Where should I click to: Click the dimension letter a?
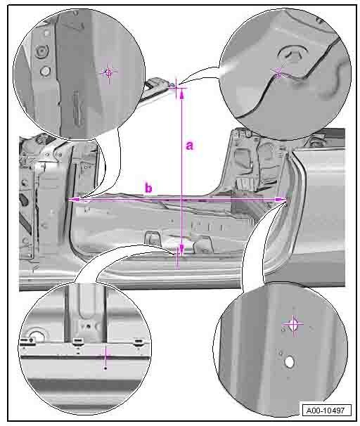pos(190,146)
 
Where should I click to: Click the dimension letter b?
pos(148,188)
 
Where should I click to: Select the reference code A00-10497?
pos(326,411)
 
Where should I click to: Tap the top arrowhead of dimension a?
pos(182,93)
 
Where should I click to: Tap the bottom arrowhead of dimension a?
pos(182,250)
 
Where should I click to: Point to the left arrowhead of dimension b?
pos(73,200)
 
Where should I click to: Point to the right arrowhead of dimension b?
pos(281,200)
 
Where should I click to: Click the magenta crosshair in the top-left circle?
pos(109,72)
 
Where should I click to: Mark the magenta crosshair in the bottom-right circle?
pos(293,324)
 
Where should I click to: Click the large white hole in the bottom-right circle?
pos(290,362)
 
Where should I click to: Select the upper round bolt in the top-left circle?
pos(42,51)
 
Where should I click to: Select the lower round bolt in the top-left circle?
pos(45,71)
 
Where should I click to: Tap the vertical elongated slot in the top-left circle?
pos(77,109)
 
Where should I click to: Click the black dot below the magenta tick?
pos(105,368)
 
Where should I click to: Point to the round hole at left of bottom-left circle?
pos(37,336)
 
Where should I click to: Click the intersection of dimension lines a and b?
pos(182,200)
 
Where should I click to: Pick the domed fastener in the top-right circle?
pos(292,55)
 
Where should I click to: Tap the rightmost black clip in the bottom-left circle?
pos(139,341)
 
